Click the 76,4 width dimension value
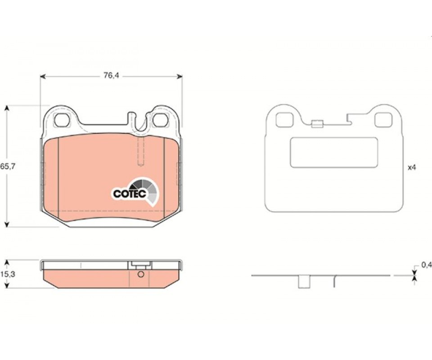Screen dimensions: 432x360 coord(111,76)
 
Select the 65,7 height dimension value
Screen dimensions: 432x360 coord(8,166)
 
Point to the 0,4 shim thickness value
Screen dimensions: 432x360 coord(427,265)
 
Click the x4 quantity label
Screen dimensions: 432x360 coord(411,168)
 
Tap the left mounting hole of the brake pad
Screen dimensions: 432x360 coord(62,120)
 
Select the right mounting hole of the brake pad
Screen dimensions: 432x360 coord(160,120)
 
